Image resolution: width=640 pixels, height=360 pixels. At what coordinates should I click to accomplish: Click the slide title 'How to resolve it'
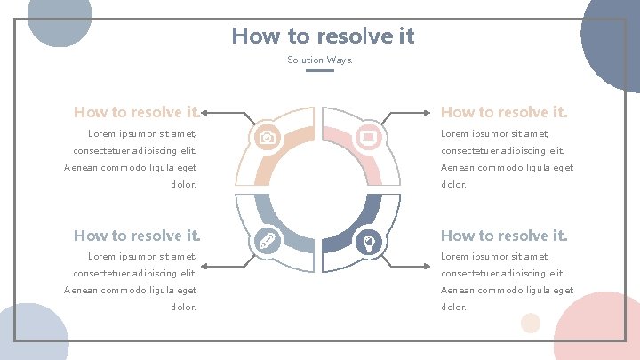(x=323, y=36)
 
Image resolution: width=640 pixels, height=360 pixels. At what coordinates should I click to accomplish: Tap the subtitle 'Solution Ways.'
(x=320, y=60)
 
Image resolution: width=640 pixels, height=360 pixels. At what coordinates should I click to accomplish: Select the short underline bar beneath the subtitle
(x=320, y=71)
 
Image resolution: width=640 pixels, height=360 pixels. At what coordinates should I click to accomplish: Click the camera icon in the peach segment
(x=266, y=137)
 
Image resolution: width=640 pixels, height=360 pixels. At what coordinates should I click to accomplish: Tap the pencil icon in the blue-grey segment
(x=266, y=241)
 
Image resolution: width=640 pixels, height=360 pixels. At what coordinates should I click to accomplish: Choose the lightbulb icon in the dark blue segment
(x=369, y=241)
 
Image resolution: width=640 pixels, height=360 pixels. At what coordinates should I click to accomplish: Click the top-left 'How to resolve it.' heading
(x=137, y=112)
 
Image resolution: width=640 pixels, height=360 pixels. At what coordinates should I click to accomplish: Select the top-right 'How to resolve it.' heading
(x=504, y=112)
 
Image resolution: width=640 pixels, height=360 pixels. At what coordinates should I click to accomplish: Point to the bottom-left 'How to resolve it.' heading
(x=137, y=236)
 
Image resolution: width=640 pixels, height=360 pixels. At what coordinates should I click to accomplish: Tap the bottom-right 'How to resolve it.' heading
(x=504, y=236)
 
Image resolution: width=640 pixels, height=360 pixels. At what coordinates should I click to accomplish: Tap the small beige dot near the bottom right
(x=531, y=323)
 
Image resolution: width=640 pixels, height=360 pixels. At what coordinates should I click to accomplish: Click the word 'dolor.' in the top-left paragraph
(x=183, y=185)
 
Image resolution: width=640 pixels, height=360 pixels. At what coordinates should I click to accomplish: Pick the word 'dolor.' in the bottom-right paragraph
(x=454, y=307)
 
